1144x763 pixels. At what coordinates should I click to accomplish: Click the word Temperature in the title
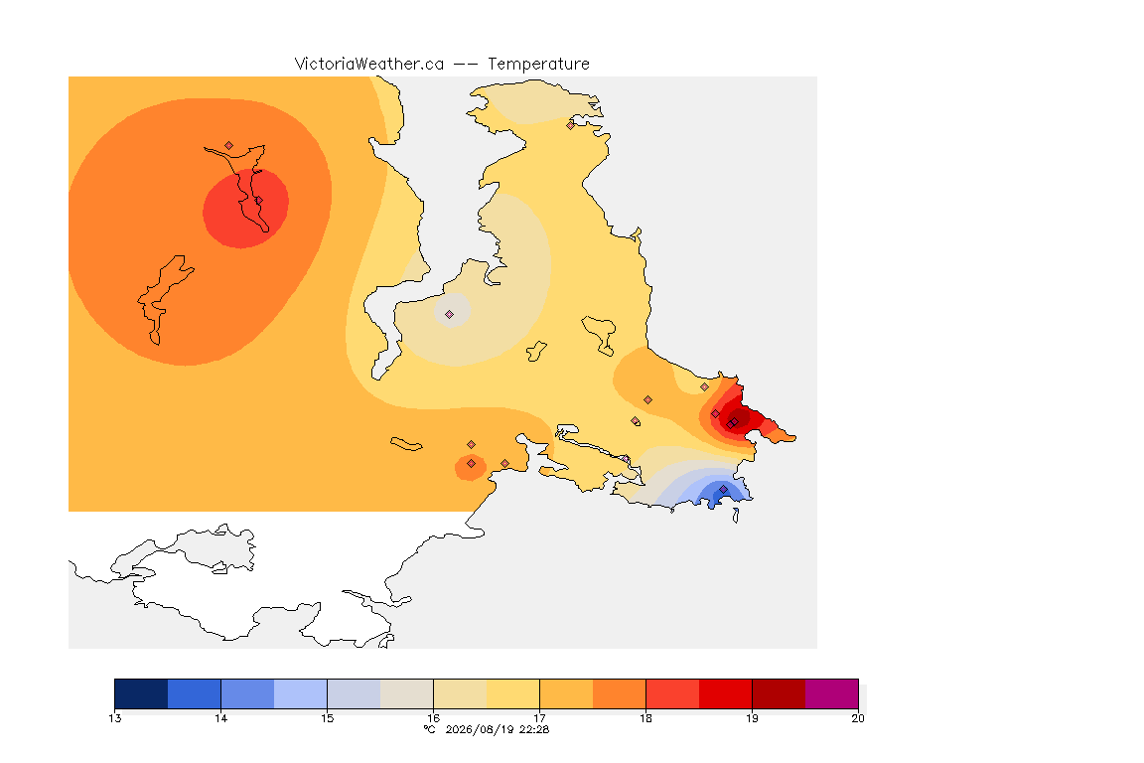[538, 65]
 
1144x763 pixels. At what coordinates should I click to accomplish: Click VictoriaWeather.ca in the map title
[369, 65]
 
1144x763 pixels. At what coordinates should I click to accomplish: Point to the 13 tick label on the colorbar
[114, 718]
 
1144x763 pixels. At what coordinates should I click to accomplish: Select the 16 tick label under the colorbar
[433, 718]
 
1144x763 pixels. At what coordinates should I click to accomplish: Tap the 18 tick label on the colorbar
[645, 718]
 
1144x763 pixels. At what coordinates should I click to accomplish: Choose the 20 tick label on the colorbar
[858, 718]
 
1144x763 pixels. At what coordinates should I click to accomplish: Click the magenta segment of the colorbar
[832, 693]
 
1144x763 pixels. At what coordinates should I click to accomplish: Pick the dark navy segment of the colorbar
[142, 693]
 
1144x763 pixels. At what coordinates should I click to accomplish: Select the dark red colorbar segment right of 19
[779, 693]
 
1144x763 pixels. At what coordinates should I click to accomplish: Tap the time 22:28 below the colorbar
[534, 729]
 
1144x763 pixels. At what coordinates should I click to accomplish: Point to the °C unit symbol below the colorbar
[430, 729]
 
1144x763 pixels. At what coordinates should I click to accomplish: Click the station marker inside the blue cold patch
[723, 489]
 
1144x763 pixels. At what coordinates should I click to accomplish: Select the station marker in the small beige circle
[450, 315]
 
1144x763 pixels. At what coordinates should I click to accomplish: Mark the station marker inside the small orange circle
[472, 464]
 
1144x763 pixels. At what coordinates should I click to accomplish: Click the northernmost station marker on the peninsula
[571, 125]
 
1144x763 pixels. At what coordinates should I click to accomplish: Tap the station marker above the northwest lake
[229, 146]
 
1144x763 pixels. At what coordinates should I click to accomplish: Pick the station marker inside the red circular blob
[258, 201]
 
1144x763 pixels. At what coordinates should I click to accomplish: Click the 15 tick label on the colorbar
[327, 718]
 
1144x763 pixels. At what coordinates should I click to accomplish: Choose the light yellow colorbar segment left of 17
[512, 693]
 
